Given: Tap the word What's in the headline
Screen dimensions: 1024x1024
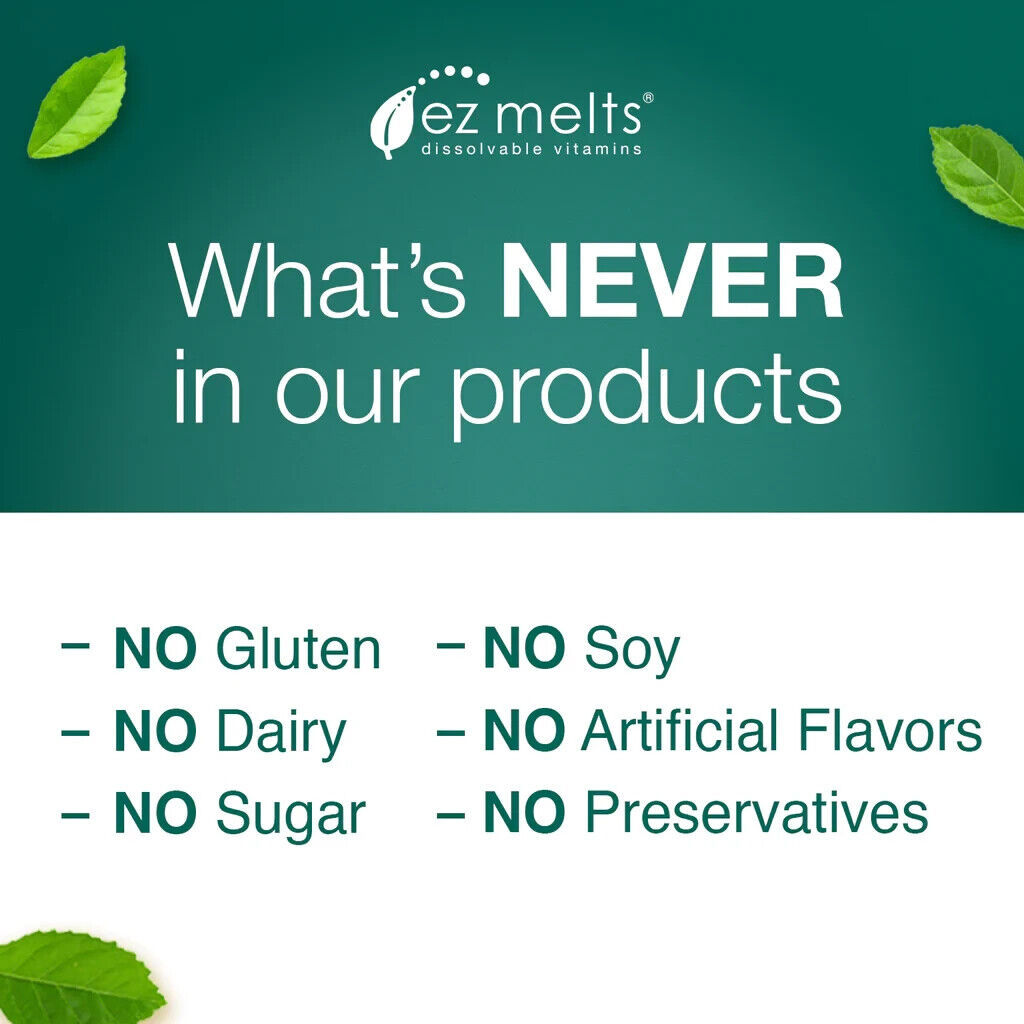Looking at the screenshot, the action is (318, 281).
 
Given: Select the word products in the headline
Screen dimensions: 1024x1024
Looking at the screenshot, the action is (646, 391).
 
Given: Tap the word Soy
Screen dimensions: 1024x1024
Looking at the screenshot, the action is (632, 652).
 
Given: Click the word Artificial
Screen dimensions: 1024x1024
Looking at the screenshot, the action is (680, 730).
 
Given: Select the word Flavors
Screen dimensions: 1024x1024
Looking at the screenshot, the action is (890, 730).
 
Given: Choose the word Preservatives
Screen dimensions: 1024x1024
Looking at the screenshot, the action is (757, 812).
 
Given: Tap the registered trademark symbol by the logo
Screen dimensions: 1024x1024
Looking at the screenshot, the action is (648, 98).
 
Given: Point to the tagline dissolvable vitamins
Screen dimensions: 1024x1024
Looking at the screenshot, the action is (532, 149).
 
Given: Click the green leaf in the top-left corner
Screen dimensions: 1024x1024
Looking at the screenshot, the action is (77, 103).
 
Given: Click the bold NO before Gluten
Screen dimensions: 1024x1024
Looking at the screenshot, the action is (155, 648).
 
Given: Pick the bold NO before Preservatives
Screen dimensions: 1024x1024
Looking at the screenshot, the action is (524, 812).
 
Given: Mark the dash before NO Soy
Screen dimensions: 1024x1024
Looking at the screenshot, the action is (450, 647).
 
